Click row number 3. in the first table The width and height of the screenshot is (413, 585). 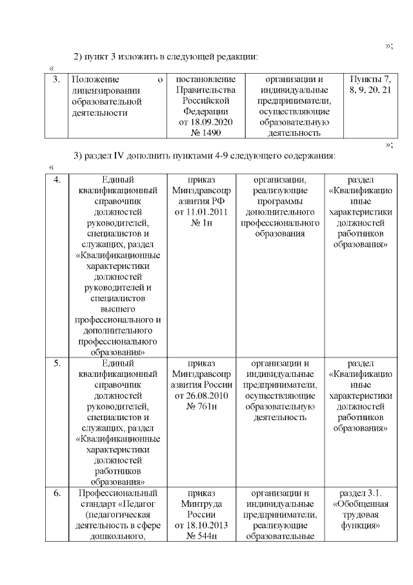point(56,80)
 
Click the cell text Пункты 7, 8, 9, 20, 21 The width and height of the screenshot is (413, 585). point(369,85)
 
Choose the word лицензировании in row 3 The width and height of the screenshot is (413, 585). point(103,90)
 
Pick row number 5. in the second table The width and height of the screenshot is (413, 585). point(56,363)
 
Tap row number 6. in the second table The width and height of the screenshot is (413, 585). point(56,493)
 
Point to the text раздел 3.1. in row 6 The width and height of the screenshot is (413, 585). point(359,493)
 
